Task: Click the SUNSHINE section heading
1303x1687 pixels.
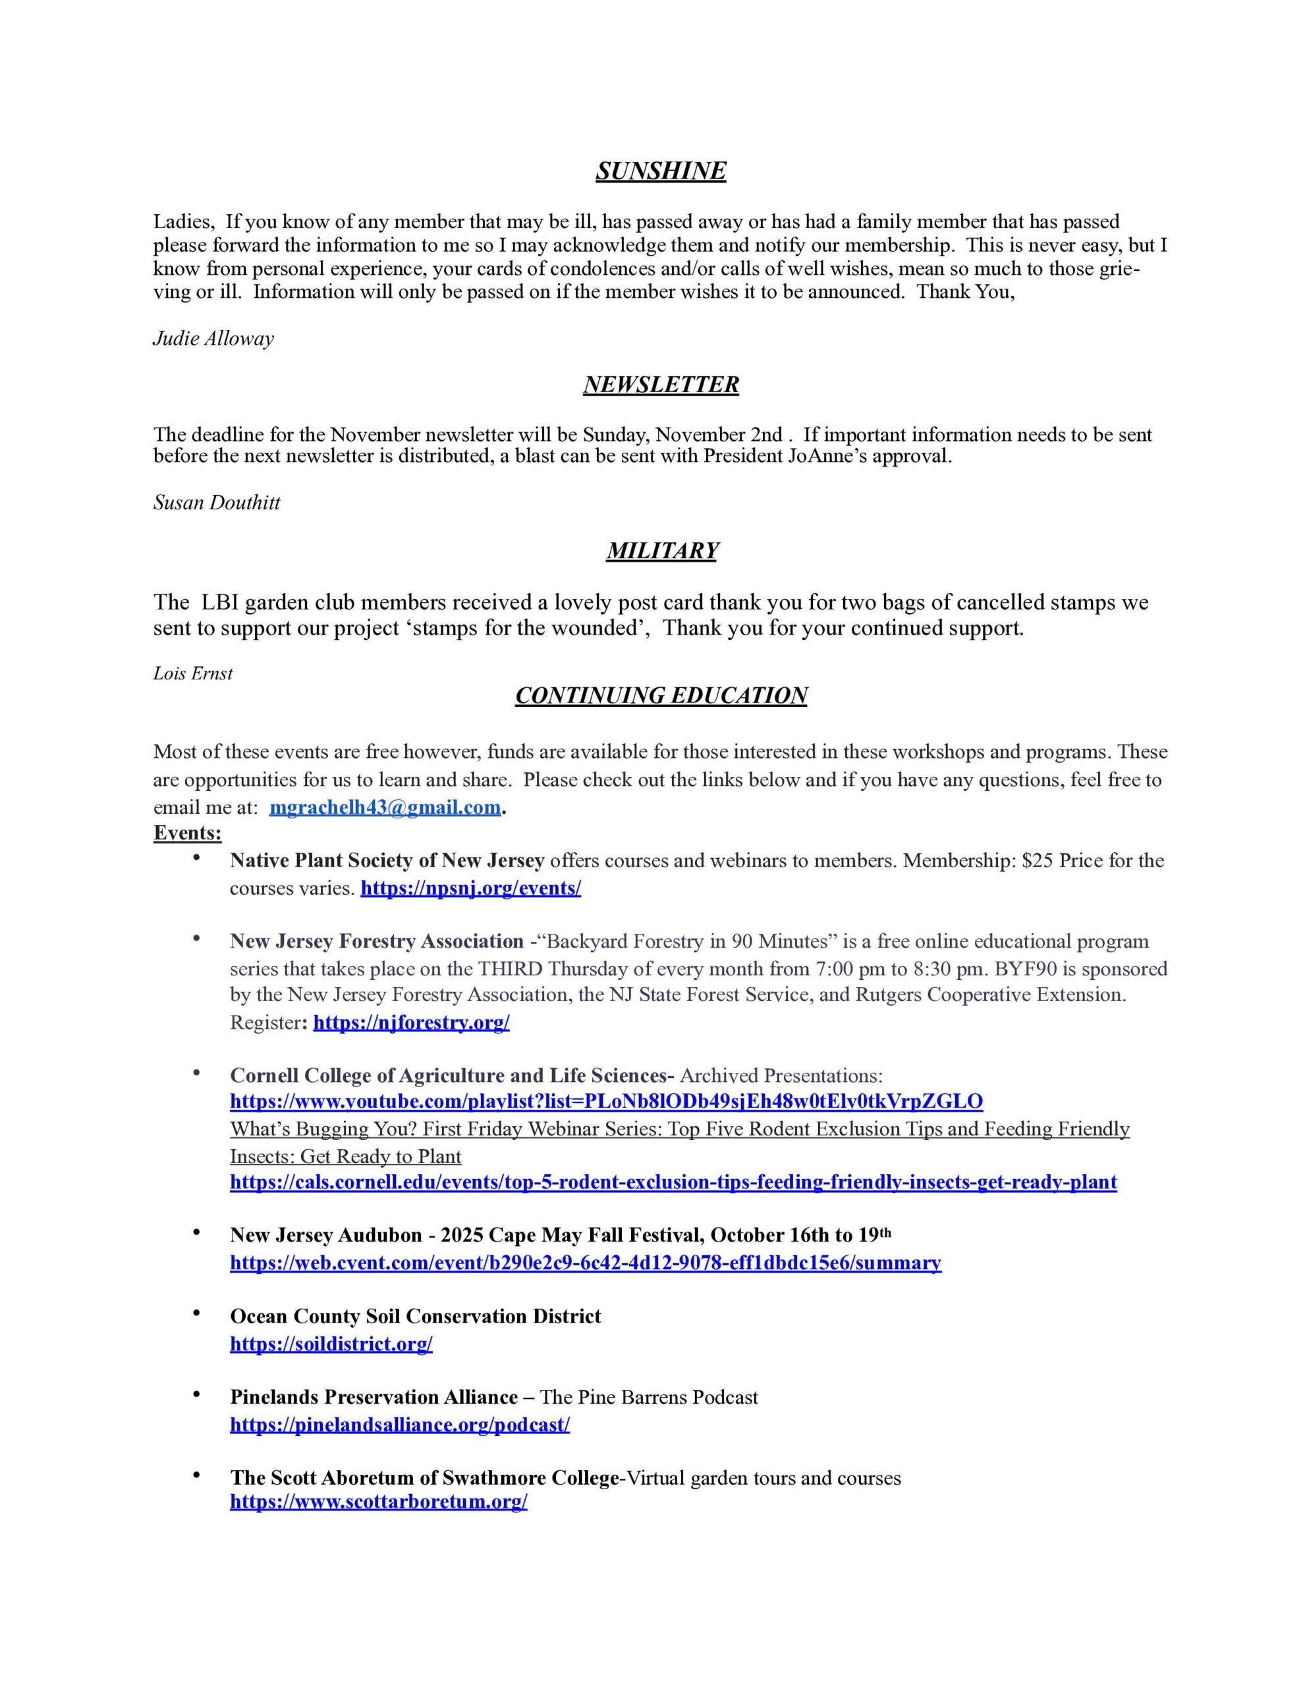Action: click(x=660, y=171)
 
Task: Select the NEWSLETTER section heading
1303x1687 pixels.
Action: click(x=660, y=385)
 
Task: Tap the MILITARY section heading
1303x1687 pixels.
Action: click(x=662, y=551)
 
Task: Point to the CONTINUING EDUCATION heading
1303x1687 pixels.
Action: click(x=661, y=696)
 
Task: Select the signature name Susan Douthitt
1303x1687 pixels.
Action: click(x=216, y=503)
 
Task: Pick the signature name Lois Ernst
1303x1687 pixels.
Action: click(x=192, y=673)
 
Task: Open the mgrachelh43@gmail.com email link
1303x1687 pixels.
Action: click(x=385, y=808)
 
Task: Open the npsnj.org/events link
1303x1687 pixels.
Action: click(x=470, y=888)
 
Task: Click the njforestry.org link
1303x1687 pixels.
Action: click(x=411, y=1023)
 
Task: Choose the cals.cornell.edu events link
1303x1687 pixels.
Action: click(x=673, y=1182)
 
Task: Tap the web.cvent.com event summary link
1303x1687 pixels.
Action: click(x=586, y=1263)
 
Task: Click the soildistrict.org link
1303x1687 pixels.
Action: click(x=331, y=1344)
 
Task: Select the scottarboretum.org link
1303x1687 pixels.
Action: click(x=379, y=1502)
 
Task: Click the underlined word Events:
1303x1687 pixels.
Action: click(x=187, y=834)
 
